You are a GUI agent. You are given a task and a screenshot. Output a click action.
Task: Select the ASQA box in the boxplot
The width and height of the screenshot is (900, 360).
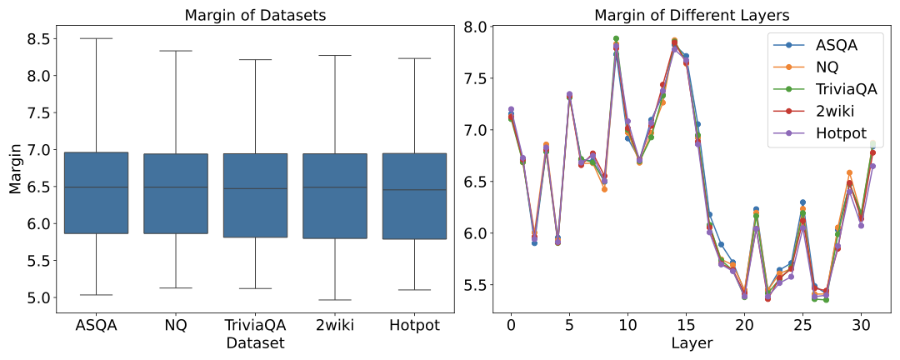(96, 192)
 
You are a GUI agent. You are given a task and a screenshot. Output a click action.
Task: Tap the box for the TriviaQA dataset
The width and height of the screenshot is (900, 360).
(255, 195)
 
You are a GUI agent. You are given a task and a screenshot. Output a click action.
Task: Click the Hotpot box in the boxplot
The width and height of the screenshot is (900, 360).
(414, 196)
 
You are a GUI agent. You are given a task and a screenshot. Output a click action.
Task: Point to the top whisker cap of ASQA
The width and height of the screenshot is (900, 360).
(96, 38)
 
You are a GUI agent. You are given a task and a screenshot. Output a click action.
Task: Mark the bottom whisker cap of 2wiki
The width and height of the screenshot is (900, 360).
(335, 300)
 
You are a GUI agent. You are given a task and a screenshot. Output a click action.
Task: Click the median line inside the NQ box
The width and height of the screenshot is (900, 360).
(176, 187)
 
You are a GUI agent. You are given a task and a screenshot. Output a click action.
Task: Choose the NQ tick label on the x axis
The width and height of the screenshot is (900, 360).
(176, 326)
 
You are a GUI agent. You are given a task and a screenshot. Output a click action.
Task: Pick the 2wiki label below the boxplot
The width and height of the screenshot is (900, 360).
(335, 326)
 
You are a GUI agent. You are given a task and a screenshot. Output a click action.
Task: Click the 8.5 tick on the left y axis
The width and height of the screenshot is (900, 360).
(40, 38)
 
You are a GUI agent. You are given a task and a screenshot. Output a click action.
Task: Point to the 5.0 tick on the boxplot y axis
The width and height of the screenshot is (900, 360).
(40, 297)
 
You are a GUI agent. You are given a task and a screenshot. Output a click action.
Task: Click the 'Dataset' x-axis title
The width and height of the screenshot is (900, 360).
(255, 342)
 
